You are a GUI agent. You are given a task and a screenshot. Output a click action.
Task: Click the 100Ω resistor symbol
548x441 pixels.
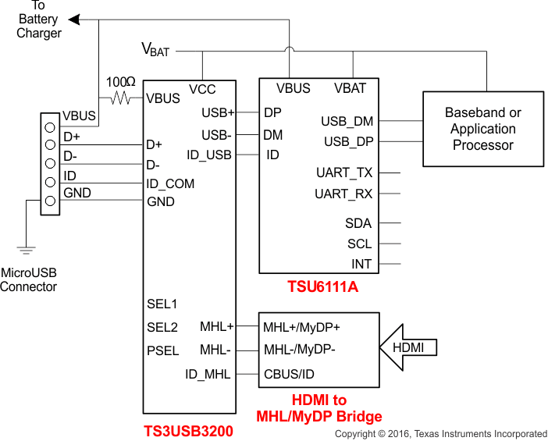tap(121, 98)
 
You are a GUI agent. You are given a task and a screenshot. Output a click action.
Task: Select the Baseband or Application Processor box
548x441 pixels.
tap(483, 129)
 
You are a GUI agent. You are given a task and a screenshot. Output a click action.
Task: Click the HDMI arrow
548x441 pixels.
tap(407, 347)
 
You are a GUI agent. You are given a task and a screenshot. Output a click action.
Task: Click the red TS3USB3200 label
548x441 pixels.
tap(188, 430)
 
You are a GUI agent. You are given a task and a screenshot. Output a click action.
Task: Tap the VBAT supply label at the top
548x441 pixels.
tap(155, 50)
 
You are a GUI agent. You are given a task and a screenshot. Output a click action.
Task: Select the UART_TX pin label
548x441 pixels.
tap(344, 172)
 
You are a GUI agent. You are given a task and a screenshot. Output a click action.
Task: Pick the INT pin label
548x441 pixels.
tap(361, 264)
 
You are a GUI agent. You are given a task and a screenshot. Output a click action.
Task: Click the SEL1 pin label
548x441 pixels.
tap(162, 304)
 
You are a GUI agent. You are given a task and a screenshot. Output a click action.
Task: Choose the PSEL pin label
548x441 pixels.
tap(162, 350)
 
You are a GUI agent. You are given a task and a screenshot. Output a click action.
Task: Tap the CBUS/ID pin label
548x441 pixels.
tap(289, 374)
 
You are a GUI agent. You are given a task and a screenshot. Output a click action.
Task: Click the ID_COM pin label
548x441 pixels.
tap(170, 183)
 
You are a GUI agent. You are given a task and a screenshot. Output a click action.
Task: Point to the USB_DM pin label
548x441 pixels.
tap(347, 121)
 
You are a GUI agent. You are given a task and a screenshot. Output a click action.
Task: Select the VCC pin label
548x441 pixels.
tap(202, 88)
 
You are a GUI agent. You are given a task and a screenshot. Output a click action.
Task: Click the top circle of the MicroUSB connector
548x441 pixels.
tap(50, 126)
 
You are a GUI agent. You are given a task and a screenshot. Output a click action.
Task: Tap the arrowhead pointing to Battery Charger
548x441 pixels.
tap(74, 19)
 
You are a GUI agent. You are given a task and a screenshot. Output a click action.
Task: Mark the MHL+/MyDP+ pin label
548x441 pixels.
tap(301, 326)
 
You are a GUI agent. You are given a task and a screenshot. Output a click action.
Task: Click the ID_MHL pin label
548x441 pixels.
tap(208, 374)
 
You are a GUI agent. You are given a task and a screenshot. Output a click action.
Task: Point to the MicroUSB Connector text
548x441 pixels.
tap(28, 279)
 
